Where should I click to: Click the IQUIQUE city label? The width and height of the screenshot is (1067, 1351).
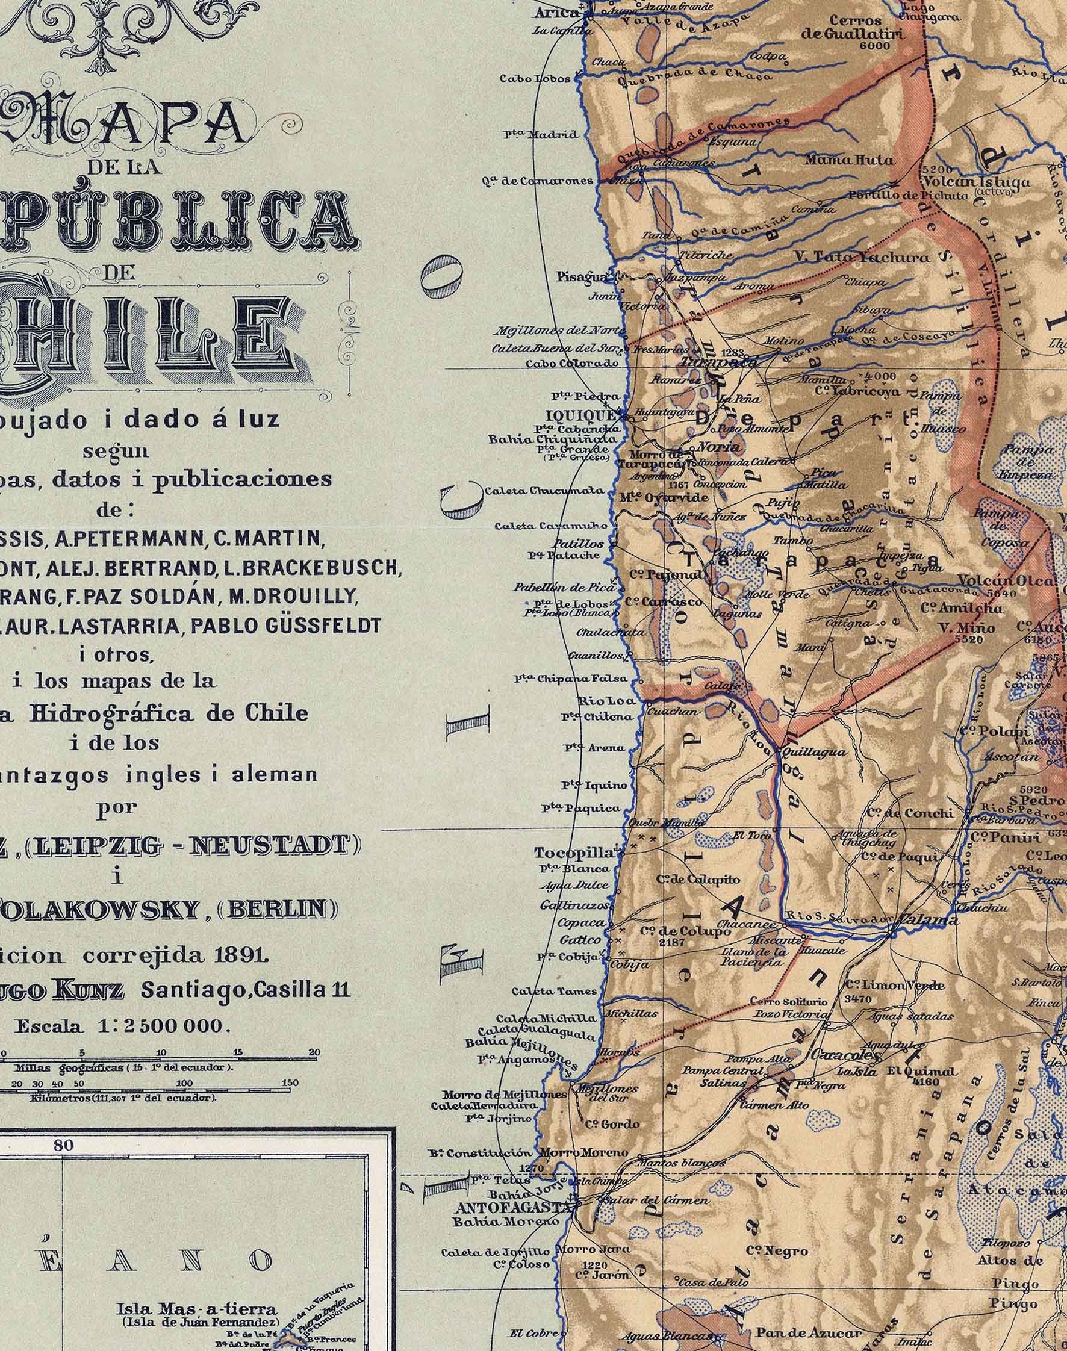[579, 416]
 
